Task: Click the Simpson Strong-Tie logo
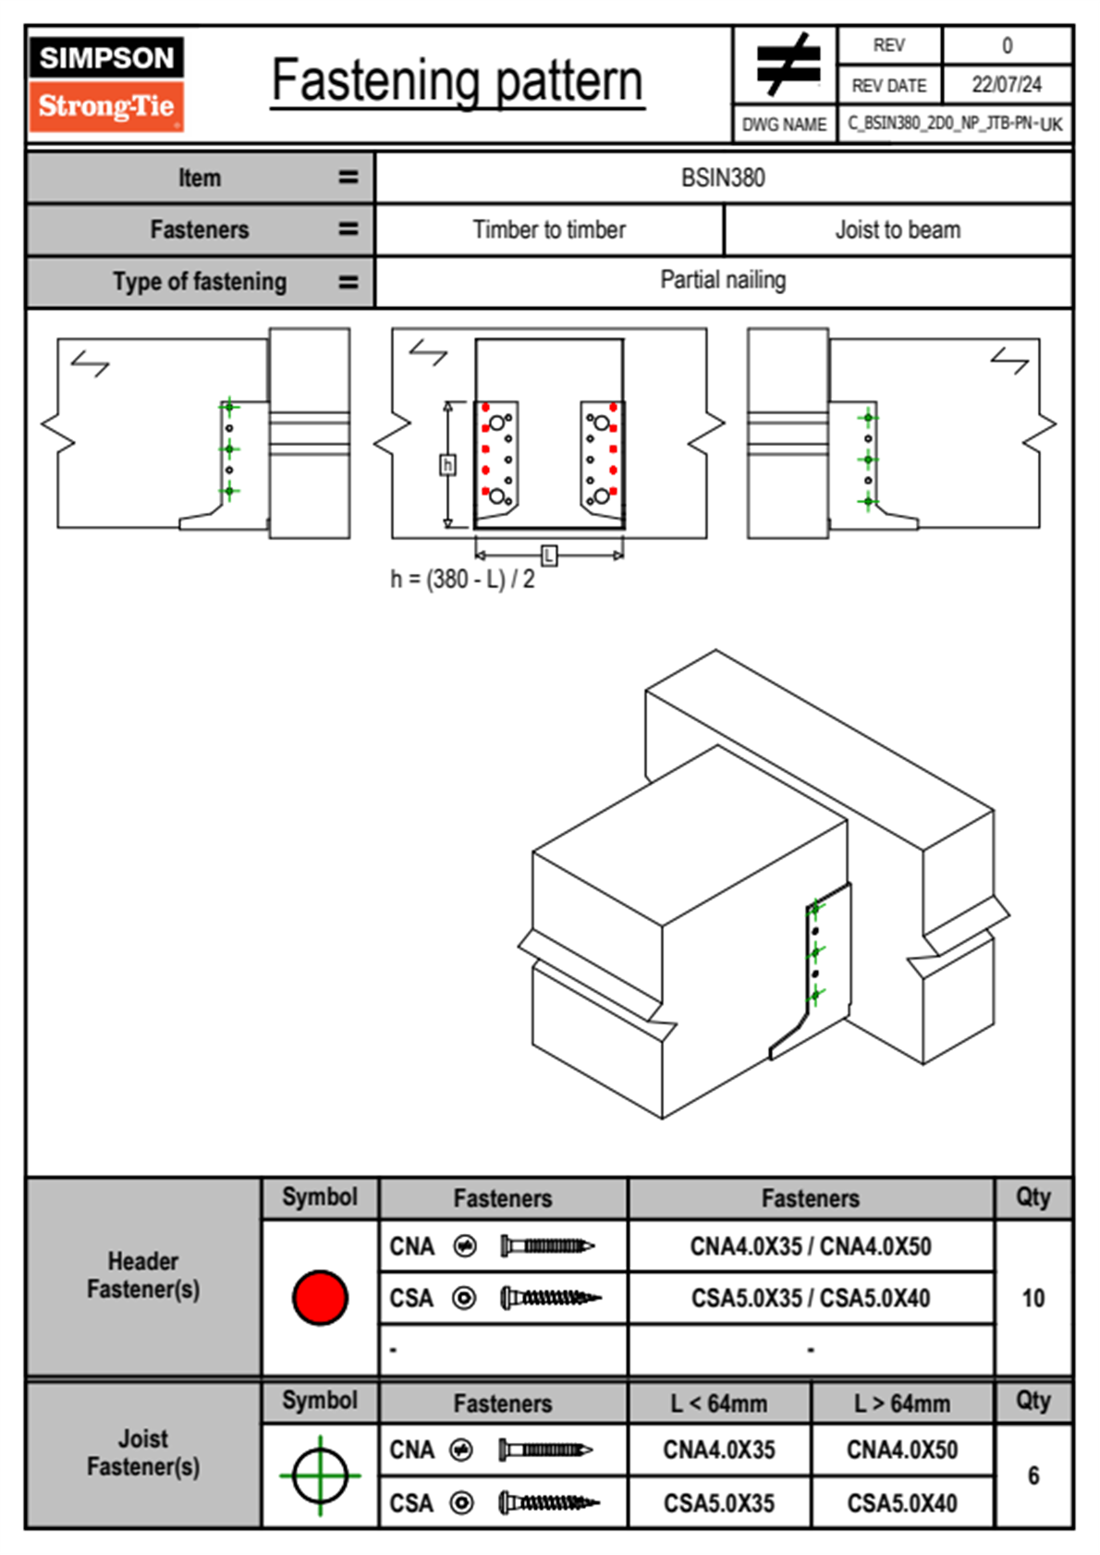[106, 84]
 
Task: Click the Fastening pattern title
[458, 81]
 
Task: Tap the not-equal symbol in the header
[788, 66]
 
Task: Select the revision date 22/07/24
[1006, 85]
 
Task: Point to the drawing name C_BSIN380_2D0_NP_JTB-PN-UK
[954, 124]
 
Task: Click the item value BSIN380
[723, 178]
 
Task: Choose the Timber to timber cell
[549, 229]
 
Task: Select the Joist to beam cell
[898, 229]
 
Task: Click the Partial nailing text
[723, 280]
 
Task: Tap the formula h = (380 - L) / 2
[462, 580]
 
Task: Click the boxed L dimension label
[549, 555]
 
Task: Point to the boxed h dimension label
[447, 464]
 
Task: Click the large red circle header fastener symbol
[320, 1297]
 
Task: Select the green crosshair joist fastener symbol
[320, 1475]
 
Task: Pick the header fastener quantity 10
[1033, 1298]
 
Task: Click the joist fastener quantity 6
[1033, 1475]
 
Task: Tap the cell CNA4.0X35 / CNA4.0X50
[811, 1246]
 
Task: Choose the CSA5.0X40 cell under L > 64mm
[902, 1503]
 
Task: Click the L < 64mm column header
[719, 1403]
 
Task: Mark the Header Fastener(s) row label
[143, 1275]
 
